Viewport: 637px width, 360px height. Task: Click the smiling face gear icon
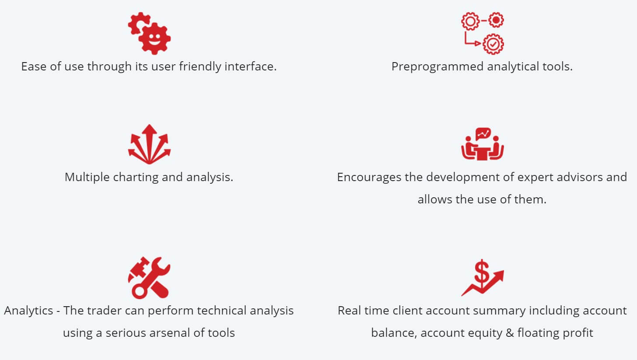(x=154, y=38)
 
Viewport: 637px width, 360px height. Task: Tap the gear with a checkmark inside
(x=493, y=44)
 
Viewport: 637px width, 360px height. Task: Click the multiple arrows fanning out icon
(x=149, y=144)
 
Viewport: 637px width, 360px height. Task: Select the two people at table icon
(x=483, y=144)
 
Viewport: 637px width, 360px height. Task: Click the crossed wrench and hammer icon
(x=149, y=277)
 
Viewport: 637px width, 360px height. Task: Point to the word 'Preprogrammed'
(x=437, y=67)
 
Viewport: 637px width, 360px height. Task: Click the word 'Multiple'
(x=87, y=178)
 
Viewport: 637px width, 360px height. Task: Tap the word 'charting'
(x=136, y=178)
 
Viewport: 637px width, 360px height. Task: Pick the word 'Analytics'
(x=28, y=311)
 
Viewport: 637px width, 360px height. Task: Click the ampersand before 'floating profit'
(x=510, y=333)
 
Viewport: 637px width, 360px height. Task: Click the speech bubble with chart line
(x=483, y=134)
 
